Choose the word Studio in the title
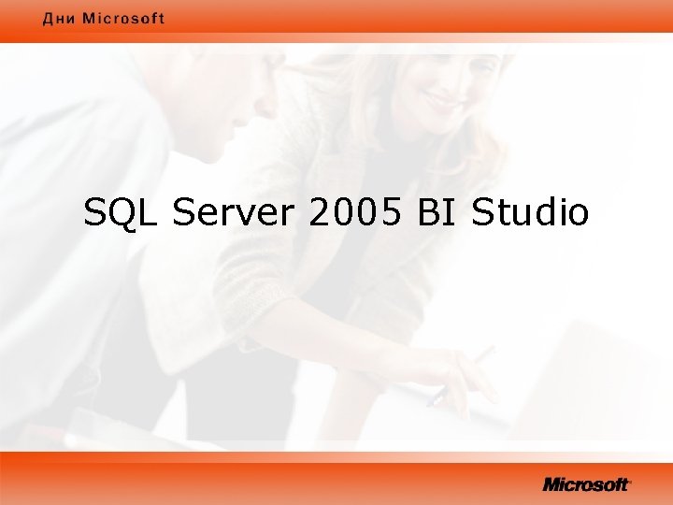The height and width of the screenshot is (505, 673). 531,213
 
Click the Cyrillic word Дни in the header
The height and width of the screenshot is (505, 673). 59,19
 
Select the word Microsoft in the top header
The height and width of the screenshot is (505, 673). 123,19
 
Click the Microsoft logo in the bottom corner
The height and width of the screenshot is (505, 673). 587,484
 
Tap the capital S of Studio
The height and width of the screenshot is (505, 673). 482,213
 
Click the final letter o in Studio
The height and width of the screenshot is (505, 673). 579,215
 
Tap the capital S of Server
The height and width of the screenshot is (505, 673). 183,213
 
